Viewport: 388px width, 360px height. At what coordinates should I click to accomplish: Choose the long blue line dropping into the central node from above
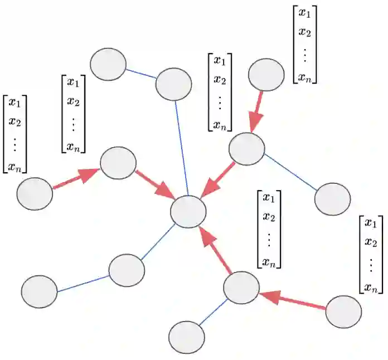click(x=182, y=148)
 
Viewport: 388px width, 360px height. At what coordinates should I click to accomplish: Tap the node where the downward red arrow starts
click(x=266, y=75)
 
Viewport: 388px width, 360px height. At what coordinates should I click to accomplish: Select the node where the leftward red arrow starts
click(x=343, y=312)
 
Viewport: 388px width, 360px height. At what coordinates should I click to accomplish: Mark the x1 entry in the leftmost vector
click(x=14, y=104)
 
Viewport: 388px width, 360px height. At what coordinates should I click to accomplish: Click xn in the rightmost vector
click(x=371, y=287)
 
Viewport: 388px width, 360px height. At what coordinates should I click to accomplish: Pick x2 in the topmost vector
click(x=304, y=32)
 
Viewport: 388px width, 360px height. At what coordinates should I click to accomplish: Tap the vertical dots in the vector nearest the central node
click(x=269, y=238)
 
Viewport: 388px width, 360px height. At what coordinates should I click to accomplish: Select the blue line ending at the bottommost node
click(x=212, y=313)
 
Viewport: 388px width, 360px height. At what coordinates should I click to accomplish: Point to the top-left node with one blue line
click(x=108, y=64)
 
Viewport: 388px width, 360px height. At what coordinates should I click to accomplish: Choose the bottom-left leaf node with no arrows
click(x=39, y=291)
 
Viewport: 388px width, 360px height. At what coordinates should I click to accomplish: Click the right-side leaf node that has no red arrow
click(x=332, y=199)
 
